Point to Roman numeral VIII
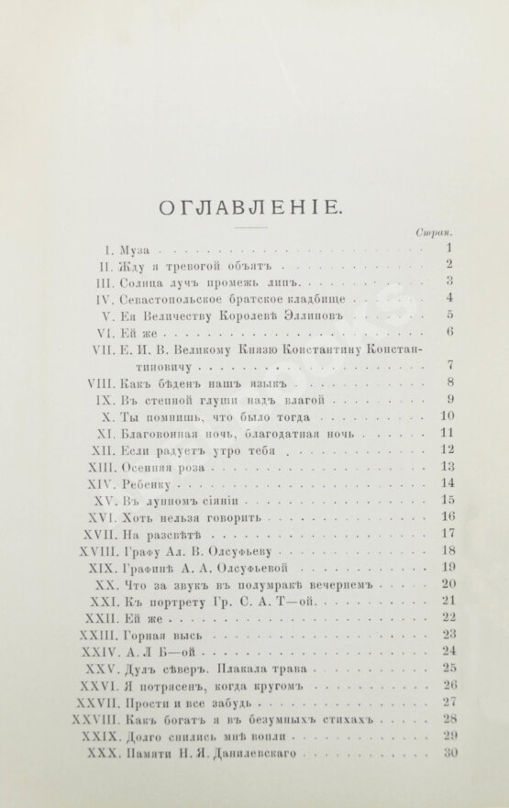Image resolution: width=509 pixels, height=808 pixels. (x=98, y=383)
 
